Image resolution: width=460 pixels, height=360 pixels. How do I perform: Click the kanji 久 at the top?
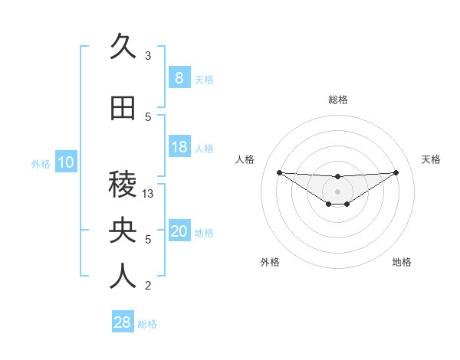click(123, 47)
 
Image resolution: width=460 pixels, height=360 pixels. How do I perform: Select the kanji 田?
click(123, 109)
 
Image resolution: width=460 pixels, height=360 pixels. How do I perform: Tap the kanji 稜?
click(123, 185)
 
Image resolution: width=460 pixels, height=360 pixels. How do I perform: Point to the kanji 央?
click(123, 231)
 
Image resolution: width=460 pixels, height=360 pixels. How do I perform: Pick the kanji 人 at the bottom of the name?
click(123, 277)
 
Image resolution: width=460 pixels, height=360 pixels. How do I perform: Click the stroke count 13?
click(149, 194)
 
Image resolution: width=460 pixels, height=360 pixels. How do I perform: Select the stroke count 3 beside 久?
click(148, 56)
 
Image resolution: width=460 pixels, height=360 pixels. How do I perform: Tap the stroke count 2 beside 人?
click(148, 286)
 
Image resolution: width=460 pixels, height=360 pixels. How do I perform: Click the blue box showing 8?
click(179, 77)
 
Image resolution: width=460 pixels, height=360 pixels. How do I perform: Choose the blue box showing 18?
click(179, 147)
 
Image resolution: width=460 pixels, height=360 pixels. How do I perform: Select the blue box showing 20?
click(179, 231)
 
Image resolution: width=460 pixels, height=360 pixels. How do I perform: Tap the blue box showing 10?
click(66, 162)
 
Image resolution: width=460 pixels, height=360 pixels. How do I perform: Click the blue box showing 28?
click(122, 322)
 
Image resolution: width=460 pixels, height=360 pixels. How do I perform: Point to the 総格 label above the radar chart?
click(337, 100)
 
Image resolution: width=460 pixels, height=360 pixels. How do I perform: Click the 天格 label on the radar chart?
click(431, 159)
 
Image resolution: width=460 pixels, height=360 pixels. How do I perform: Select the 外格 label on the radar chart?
click(269, 262)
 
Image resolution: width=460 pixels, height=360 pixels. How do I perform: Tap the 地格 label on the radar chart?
click(402, 262)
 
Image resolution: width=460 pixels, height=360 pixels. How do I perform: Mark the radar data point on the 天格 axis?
click(396, 172)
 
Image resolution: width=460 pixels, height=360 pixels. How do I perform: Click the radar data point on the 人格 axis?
click(279, 172)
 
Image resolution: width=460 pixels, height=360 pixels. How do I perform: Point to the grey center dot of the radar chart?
click(337, 191)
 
